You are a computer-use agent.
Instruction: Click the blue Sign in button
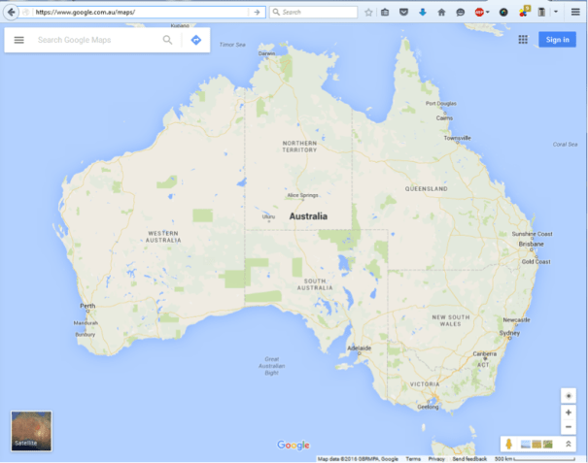pos(557,40)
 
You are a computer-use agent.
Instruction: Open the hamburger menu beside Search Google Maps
pos(18,40)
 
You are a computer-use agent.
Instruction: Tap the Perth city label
pos(87,306)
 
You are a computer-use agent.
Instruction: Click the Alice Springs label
pos(302,195)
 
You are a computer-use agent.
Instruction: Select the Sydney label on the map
pos(509,333)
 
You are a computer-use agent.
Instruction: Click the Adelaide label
pos(361,347)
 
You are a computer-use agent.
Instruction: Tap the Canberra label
pos(484,353)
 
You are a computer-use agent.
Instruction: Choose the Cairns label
pos(444,117)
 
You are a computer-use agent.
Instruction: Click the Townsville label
pos(457,138)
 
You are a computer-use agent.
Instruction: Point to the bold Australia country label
pos(308,216)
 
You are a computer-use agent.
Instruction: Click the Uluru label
pos(269,216)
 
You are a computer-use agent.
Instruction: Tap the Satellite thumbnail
pos(31,431)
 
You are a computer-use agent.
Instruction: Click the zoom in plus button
pos(569,413)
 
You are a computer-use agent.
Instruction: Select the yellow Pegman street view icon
pos(507,444)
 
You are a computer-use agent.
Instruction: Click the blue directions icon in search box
pos(195,40)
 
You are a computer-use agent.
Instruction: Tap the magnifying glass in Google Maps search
pos(168,40)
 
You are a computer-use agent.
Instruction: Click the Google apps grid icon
pos(523,40)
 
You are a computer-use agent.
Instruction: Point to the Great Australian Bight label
pos(272,365)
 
